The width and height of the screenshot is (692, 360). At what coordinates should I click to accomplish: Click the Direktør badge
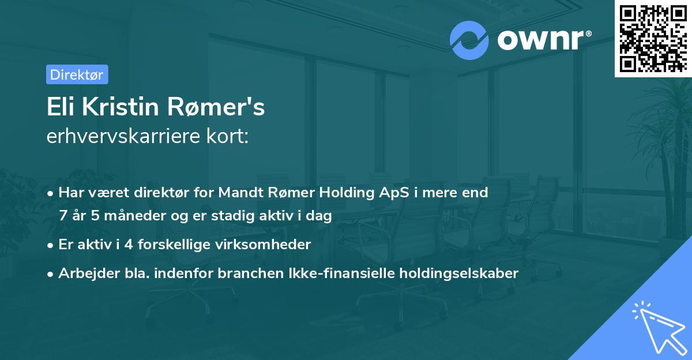click(x=77, y=74)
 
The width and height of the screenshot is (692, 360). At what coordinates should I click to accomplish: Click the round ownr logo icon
click(x=469, y=40)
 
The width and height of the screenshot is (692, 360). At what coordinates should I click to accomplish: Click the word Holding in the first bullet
click(x=336, y=193)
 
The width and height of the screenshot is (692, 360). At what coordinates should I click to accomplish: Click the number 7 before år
click(x=63, y=216)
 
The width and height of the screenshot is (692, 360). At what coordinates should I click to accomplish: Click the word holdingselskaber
click(x=468, y=273)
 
